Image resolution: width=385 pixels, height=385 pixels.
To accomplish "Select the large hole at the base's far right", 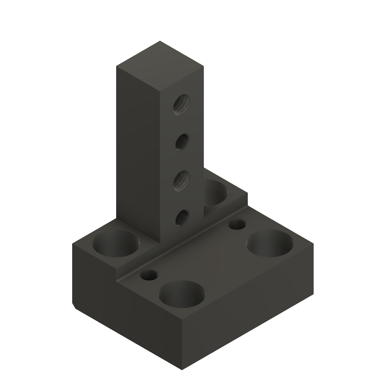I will pyautogui.click(x=270, y=243).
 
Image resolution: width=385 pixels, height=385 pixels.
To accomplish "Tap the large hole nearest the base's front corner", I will pyautogui.click(x=182, y=294).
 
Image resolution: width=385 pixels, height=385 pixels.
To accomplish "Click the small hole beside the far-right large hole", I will pyautogui.click(x=237, y=224).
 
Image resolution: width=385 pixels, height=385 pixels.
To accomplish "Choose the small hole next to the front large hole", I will pyautogui.click(x=149, y=276).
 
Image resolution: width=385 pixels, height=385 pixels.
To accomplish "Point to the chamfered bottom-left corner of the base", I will pyautogui.click(x=75, y=306).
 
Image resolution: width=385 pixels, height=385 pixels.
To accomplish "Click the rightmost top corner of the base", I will pyautogui.click(x=313, y=243).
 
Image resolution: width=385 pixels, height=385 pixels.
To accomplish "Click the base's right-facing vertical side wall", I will pyautogui.click(x=248, y=320).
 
